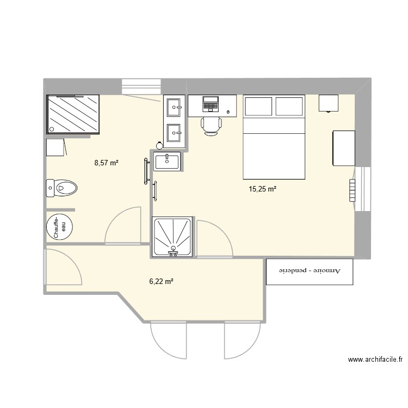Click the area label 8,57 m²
[x=106, y=162]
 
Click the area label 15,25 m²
[x=263, y=189]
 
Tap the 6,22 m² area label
[x=161, y=281]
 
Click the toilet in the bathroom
[x=62, y=189]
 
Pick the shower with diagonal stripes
[x=74, y=114]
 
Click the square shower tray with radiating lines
[x=173, y=236]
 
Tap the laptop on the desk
[x=211, y=103]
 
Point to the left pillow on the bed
[x=259, y=106]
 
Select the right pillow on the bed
[x=289, y=106]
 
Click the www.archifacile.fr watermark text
[x=375, y=360]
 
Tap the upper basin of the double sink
[x=175, y=107]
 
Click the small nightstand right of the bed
[x=329, y=102]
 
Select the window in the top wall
[x=142, y=86]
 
